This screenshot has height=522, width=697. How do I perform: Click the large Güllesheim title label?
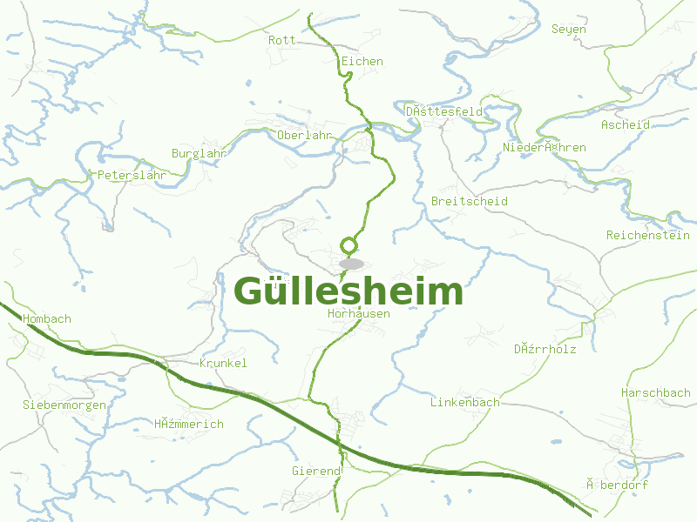(348, 291)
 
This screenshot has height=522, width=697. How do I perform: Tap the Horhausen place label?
(359, 313)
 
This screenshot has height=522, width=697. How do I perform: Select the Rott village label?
(282, 40)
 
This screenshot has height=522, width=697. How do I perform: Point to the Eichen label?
(362, 61)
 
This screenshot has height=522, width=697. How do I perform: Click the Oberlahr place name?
(305, 135)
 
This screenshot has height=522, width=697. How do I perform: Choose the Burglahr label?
(200, 153)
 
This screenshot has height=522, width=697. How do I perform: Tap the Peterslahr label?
(132, 175)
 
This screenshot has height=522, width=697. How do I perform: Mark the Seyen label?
(569, 29)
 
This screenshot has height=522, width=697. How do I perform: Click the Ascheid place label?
(626, 124)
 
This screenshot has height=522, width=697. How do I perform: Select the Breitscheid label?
(470, 201)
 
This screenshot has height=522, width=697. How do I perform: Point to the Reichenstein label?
(648, 235)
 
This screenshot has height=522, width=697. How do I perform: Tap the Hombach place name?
(48, 318)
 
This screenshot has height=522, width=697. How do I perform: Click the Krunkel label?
(224, 363)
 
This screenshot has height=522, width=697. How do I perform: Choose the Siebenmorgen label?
(64, 405)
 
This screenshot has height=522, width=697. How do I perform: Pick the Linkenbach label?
(465, 402)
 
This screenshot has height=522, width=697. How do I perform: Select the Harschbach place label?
(656, 392)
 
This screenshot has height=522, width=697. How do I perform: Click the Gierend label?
(316, 471)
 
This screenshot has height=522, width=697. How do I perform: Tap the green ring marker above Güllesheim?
(349, 245)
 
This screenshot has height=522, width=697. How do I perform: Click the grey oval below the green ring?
(351, 264)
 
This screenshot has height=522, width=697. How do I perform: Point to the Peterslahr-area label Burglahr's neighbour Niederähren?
(545, 147)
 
